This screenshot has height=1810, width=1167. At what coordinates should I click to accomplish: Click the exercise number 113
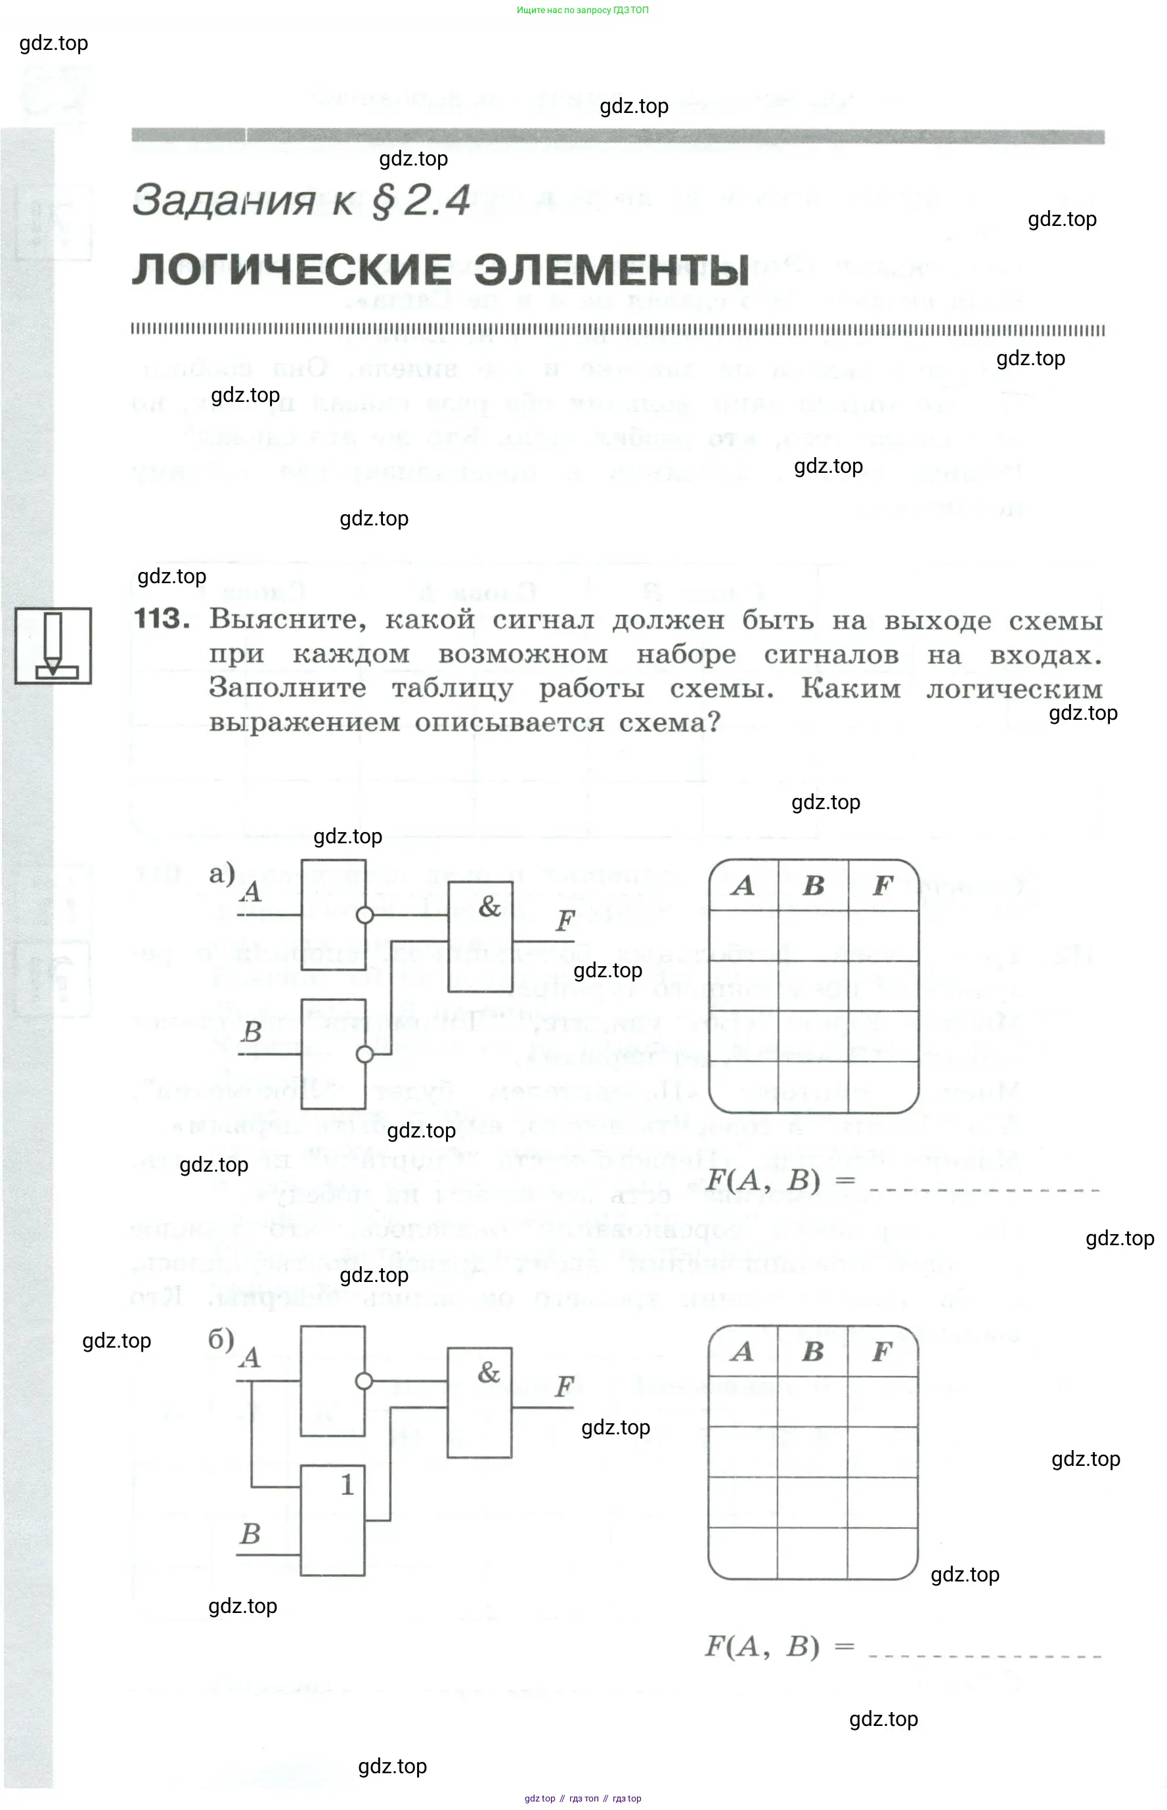click(x=161, y=619)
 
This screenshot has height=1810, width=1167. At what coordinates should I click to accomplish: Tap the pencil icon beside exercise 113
click(x=53, y=646)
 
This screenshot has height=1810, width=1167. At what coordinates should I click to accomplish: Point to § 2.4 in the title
click(x=420, y=201)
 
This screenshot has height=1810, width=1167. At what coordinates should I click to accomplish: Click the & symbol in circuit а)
click(x=489, y=906)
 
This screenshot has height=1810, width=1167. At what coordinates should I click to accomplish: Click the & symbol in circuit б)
click(x=489, y=1372)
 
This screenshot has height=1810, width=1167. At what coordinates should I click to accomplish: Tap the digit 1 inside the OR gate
click(x=347, y=1485)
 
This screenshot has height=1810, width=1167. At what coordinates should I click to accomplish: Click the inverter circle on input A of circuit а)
click(x=364, y=916)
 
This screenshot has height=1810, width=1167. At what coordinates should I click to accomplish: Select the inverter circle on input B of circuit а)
click(x=364, y=1055)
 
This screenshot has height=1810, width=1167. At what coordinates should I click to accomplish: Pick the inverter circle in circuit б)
click(x=364, y=1381)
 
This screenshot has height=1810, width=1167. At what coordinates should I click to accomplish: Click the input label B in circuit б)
click(x=250, y=1534)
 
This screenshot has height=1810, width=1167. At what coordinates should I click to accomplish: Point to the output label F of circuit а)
click(x=565, y=921)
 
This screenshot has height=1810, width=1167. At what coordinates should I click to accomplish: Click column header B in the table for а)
click(x=813, y=885)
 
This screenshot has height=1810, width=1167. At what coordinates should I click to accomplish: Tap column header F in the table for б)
click(x=881, y=1351)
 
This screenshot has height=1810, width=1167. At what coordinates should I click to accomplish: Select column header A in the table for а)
click(x=743, y=885)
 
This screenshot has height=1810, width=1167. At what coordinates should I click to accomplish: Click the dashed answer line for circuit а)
click(x=984, y=1190)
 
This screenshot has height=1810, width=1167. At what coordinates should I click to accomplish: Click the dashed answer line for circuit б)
click(x=984, y=1656)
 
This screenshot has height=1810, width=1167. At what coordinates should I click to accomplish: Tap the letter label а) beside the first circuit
click(x=222, y=873)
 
